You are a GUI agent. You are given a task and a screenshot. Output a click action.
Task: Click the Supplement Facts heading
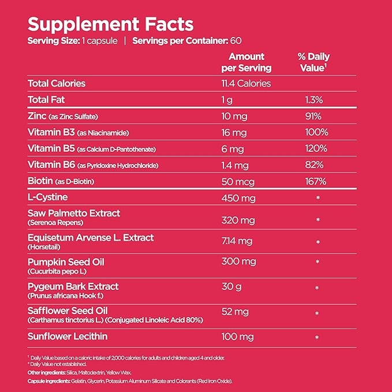coord(110,24)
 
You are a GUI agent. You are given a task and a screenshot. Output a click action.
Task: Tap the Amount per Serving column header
coord(247,62)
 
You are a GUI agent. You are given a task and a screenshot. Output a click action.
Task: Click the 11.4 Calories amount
coord(246,83)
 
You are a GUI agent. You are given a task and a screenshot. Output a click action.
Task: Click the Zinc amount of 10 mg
coord(234,116)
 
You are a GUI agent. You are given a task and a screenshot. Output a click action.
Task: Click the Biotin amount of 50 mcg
coord(238,181)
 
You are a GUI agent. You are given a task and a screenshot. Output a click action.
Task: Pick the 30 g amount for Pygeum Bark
coord(232,286)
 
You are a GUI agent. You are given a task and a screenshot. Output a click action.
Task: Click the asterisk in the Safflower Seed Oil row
coord(317,313)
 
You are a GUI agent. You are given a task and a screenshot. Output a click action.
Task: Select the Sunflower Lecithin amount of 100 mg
coord(238,335)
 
